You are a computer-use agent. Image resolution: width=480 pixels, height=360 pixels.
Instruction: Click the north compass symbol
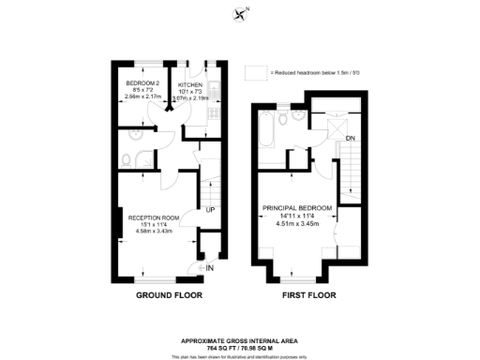coord(243,13)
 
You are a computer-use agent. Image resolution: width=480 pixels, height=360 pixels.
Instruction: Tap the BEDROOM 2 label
coord(140,83)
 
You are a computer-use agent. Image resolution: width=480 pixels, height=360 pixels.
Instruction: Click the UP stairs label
coord(211,209)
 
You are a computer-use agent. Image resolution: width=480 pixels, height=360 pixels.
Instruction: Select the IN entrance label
coord(210,268)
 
